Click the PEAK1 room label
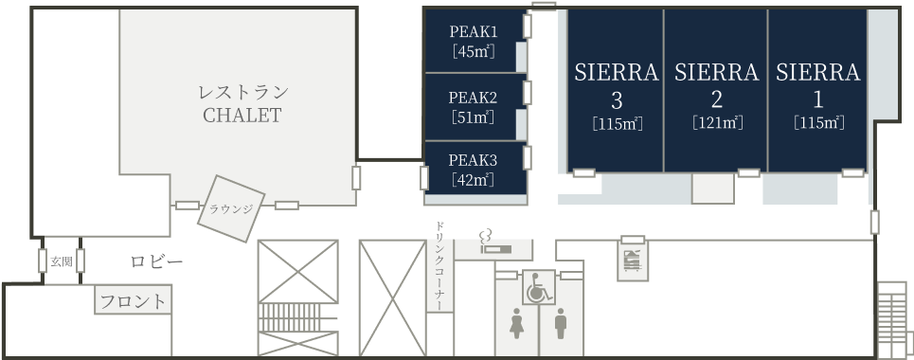tap(474, 31)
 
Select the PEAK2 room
tap(475, 107)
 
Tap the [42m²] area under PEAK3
tap(474, 180)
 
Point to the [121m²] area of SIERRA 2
tap(717, 123)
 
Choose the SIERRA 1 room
tap(817, 90)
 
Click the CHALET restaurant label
tap(242, 116)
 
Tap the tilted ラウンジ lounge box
tap(231, 208)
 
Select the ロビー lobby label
tap(157, 261)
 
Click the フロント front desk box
tap(134, 300)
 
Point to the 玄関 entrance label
tap(62, 261)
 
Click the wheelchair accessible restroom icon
tap(538, 287)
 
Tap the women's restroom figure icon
tap(516, 323)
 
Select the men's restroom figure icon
tap(560, 323)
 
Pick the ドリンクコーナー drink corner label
tap(440, 265)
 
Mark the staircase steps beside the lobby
tap(297, 317)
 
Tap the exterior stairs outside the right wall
tap(892, 320)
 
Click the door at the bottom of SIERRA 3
tap(584, 172)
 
